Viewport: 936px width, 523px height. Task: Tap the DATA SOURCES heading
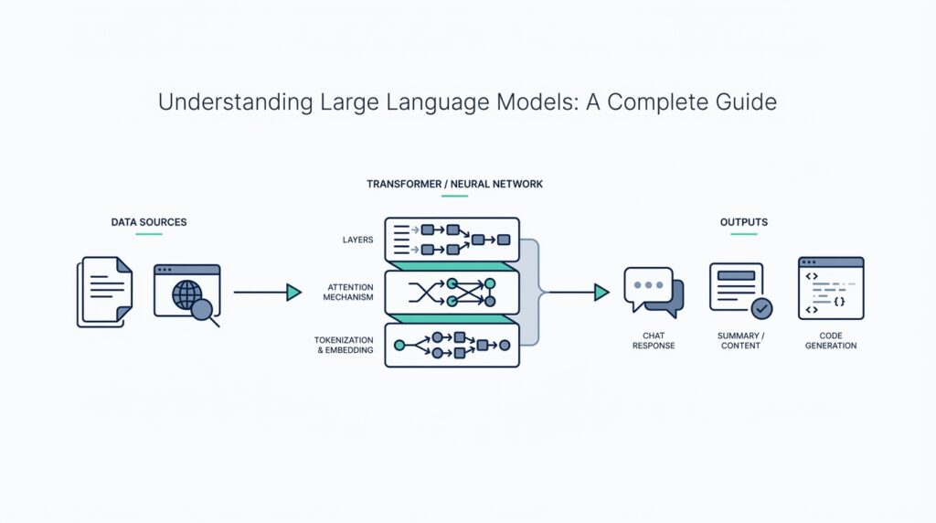[149, 222]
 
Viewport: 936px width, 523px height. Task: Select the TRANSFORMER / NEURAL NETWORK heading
[454, 184]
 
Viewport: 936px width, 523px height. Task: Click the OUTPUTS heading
[743, 222]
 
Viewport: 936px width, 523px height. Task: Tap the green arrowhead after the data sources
[293, 293]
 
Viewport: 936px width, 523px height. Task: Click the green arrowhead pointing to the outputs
[601, 293]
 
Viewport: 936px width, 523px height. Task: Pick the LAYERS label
[357, 240]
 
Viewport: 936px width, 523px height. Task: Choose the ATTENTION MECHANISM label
[350, 293]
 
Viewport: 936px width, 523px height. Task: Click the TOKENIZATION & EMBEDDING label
[345, 345]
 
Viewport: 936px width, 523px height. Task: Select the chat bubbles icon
[654, 292]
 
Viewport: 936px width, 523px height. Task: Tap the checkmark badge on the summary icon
[760, 308]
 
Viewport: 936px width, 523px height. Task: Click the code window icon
[831, 288]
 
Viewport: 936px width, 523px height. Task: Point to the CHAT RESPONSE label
[654, 341]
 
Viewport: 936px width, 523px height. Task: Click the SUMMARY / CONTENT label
[740, 341]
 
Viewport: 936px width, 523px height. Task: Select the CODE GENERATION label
[831, 341]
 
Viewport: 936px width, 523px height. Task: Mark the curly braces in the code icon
[840, 301]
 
